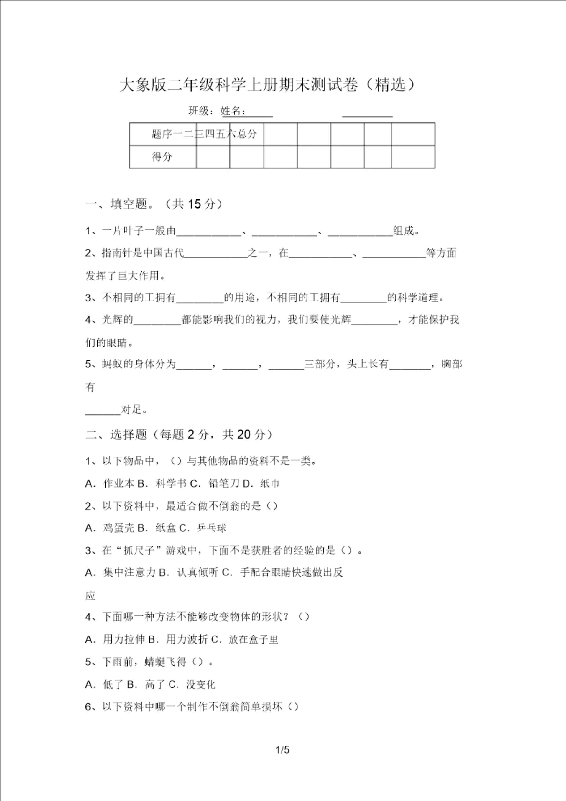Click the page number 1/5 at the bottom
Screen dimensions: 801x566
[x=282, y=749]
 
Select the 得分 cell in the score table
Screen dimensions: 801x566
[x=162, y=157]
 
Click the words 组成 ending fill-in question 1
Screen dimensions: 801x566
[x=404, y=231]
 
